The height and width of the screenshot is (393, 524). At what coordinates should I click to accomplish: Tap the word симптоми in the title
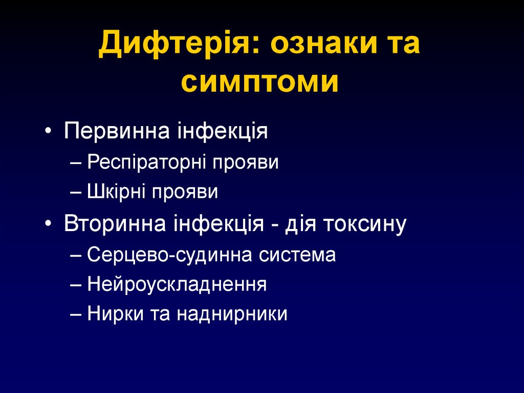[x=259, y=82]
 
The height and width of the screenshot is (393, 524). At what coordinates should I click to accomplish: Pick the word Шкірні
[x=116, y=192]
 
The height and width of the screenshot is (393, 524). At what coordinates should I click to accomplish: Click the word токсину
[x=364, y=224]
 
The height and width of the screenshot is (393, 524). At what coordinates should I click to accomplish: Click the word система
[x=299, y=254]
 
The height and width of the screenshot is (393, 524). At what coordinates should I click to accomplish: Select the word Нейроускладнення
[x=177, y=284]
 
